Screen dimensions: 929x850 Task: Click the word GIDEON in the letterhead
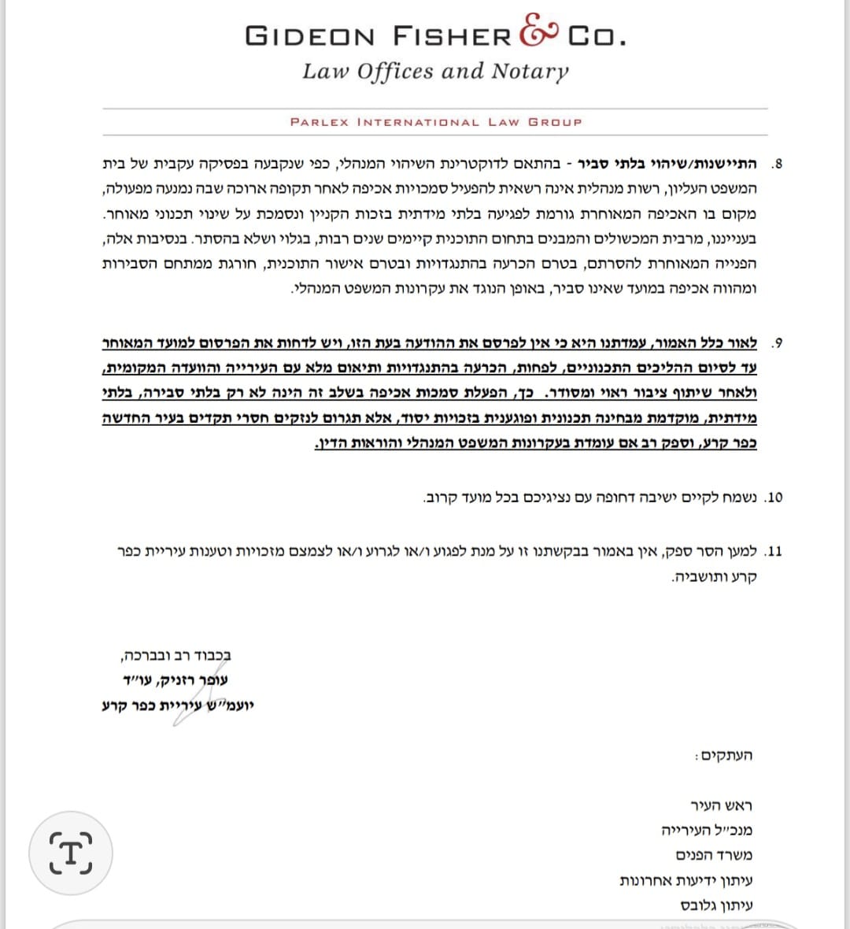pos(310,36)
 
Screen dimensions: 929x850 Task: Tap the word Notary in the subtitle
pos(530,72)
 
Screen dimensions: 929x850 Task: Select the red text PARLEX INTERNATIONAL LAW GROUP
pos(436,122)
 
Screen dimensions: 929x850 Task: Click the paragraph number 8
pos(778,165)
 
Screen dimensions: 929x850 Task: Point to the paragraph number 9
pos(778,343)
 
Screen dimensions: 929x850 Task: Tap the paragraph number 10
pos(774,498)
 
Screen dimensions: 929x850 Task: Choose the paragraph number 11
pos(774,551)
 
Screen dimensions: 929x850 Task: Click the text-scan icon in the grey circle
pos(71,853)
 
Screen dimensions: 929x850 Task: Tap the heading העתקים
pos(723,756)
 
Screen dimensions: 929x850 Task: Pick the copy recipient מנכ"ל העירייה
pos(707,831)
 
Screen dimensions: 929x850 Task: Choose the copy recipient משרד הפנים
pos(714,856)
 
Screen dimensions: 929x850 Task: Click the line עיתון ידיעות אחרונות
pos(686,881)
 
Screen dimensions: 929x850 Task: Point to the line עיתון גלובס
pos(716,905)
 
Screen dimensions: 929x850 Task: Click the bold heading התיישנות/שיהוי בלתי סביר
pos(667,165)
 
